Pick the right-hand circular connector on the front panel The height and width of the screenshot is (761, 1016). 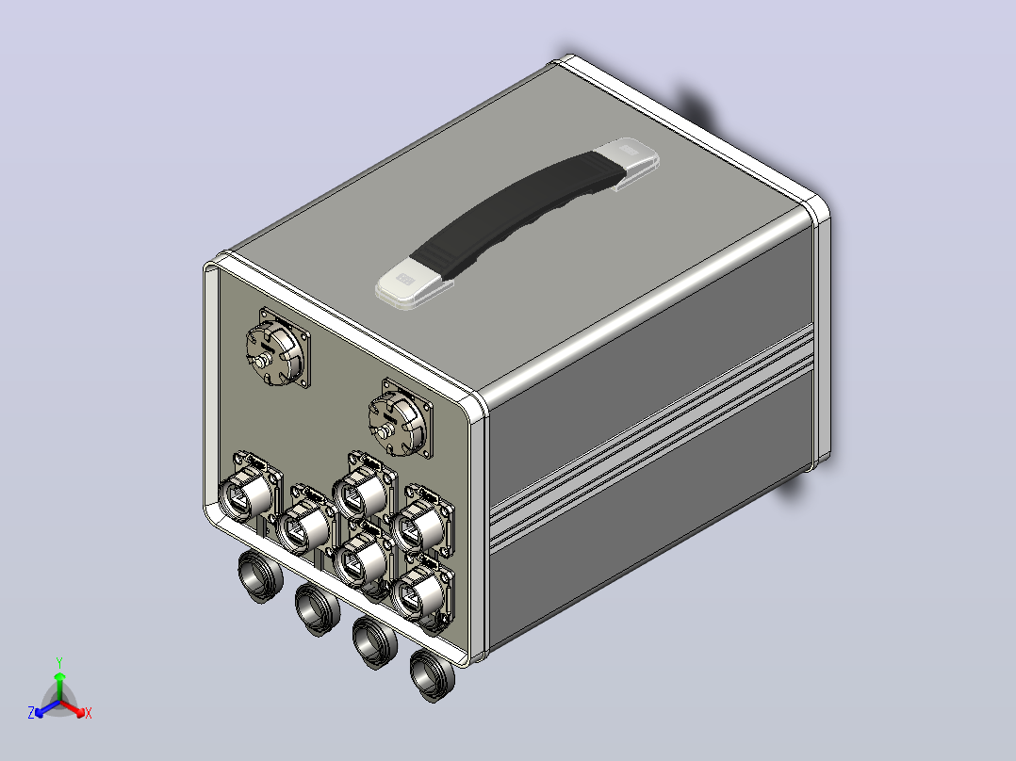click(x=400, y=419)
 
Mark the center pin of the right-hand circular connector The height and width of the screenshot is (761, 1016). click(x=385, y=433)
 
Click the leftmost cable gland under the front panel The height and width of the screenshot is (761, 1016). click(x=260, y=575)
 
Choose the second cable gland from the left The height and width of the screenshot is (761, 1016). click(x=318, y=608)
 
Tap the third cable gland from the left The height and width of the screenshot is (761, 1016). click(x=374, y=641)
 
